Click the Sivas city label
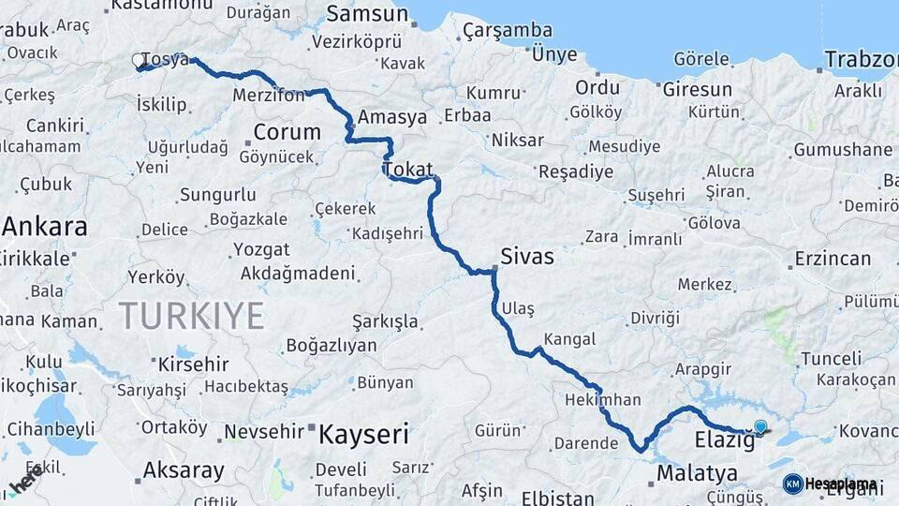tap(527, 256)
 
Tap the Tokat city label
tap(407, 170)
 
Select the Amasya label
tap(392, 117)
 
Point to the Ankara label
tap(44, 226)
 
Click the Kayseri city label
tap(363, 434)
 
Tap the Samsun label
tap(368, 14)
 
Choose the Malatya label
tap(697, 473)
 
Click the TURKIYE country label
tap(191, 316)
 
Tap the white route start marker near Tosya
tap(139, 61)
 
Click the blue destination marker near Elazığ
tap(760, 427)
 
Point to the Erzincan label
tap(833, 258)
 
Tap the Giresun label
tap(697, 90)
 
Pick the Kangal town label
tap(569, 337)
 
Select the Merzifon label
tap(269, 96)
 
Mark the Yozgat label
tap(261, 250)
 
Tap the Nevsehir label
tap(264, 431)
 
